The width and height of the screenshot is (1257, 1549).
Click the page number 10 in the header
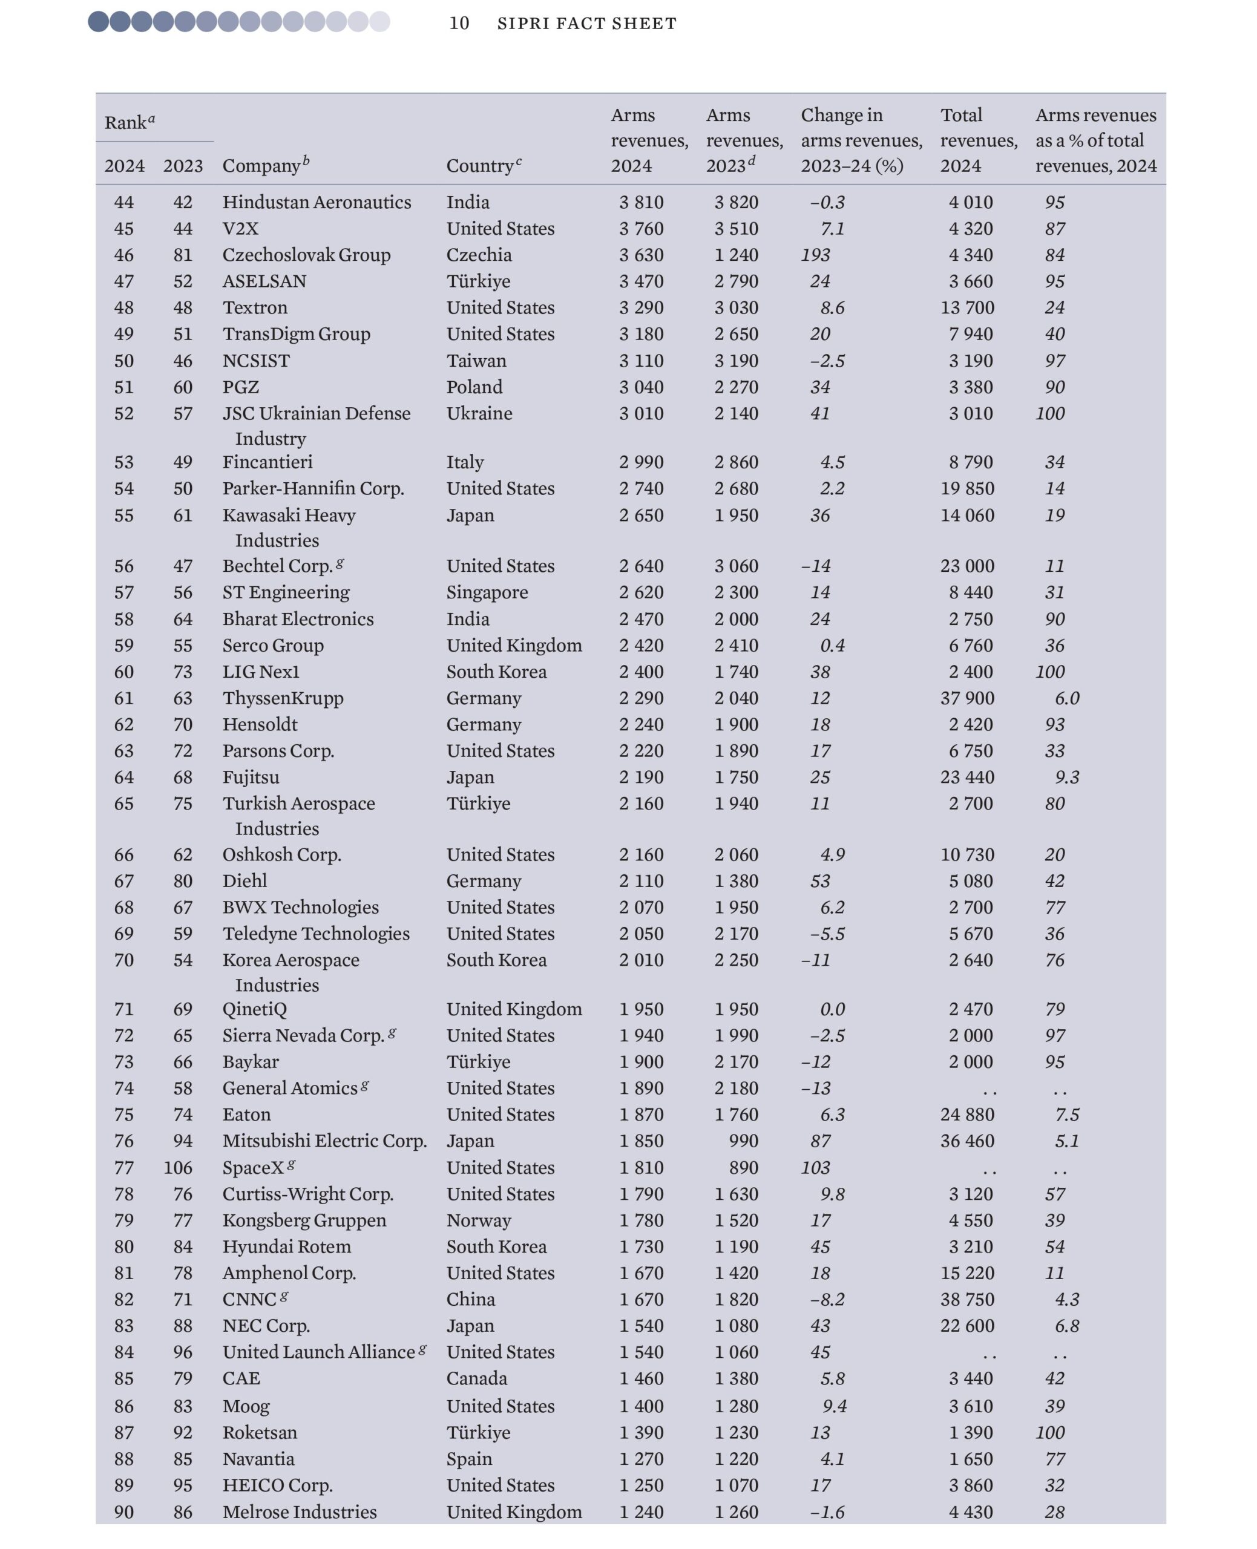(459, 23)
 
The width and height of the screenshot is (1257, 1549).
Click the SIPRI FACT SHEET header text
(586, 23)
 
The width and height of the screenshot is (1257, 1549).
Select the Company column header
(261, 166)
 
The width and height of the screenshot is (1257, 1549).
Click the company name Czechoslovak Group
(306, 255)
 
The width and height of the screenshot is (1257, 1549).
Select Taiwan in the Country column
(476, 361)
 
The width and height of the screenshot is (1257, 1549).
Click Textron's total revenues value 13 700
(967, 307)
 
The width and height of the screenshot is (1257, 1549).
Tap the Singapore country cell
(487, 592)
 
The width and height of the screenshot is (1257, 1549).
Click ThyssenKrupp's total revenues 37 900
(967, 698)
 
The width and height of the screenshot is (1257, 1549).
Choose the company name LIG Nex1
(261, 672)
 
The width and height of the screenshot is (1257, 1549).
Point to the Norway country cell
(478, 1220)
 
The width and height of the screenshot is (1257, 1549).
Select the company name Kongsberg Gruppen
(304, 1220)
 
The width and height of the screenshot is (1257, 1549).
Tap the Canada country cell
(476, 1378)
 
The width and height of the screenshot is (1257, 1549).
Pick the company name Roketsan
(259, 1432)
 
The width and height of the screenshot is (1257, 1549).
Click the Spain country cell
(468, 1458)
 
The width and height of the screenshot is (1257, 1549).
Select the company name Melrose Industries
(299, 1511)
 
